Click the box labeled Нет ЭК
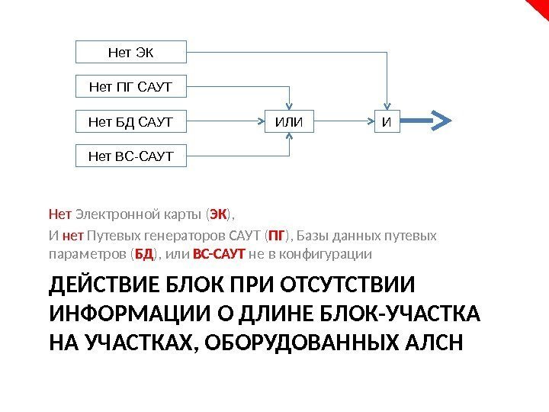[x=131, y=53]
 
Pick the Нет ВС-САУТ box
[x=131, y=156]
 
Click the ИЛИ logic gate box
[x=289, y=121]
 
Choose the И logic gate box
[x=387, y=121]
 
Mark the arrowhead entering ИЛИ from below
[x=289, y=135]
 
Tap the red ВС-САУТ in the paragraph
[x=219, y=253]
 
